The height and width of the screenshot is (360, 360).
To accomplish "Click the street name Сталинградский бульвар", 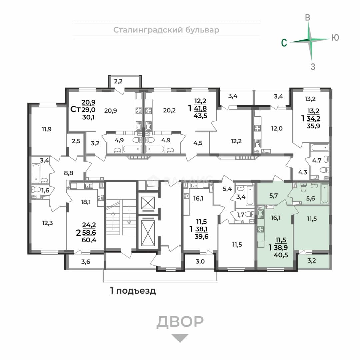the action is point(166,30).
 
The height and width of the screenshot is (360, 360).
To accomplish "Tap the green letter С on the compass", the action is point(284,43).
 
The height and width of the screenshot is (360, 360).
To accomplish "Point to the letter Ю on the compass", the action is point(335,37).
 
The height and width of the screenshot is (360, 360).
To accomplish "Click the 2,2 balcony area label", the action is point(118,81).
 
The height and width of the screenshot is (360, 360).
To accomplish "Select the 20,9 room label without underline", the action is point(110,111).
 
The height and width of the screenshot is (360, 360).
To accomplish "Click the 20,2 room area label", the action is point(169,110).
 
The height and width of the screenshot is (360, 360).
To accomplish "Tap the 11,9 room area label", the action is point(46,129).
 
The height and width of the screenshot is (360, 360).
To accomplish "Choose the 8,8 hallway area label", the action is point(68,173).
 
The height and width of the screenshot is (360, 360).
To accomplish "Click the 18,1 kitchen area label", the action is point(85,202).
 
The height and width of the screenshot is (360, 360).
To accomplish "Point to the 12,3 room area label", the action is point(47,223).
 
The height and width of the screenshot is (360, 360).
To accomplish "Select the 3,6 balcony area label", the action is point(86,262).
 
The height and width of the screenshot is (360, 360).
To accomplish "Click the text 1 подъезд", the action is point(133,291).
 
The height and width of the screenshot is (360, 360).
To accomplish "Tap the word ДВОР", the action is point(180,322).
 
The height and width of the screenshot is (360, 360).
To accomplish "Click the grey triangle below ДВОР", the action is point(180,337).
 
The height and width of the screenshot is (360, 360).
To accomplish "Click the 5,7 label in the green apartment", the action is point(273,196).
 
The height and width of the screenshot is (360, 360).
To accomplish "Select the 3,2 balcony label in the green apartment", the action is point(311,261).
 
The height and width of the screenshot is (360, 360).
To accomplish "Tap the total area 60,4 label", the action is point(89,240).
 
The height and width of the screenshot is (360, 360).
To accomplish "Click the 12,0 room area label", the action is point(277,128).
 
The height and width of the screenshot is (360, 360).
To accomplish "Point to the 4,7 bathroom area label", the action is point(317,160).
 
